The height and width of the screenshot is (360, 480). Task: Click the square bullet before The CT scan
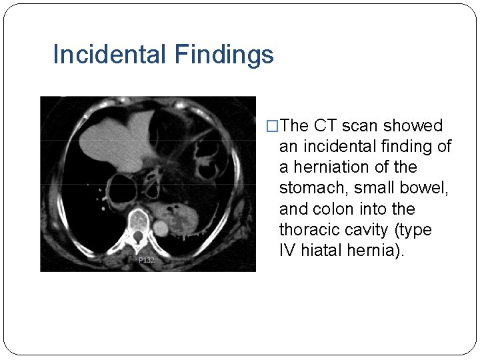271,126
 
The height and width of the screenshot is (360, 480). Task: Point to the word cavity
370,230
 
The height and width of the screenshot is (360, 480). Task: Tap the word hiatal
324,251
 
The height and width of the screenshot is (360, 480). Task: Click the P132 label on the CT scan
146,260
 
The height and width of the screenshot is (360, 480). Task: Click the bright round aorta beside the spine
161,228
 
